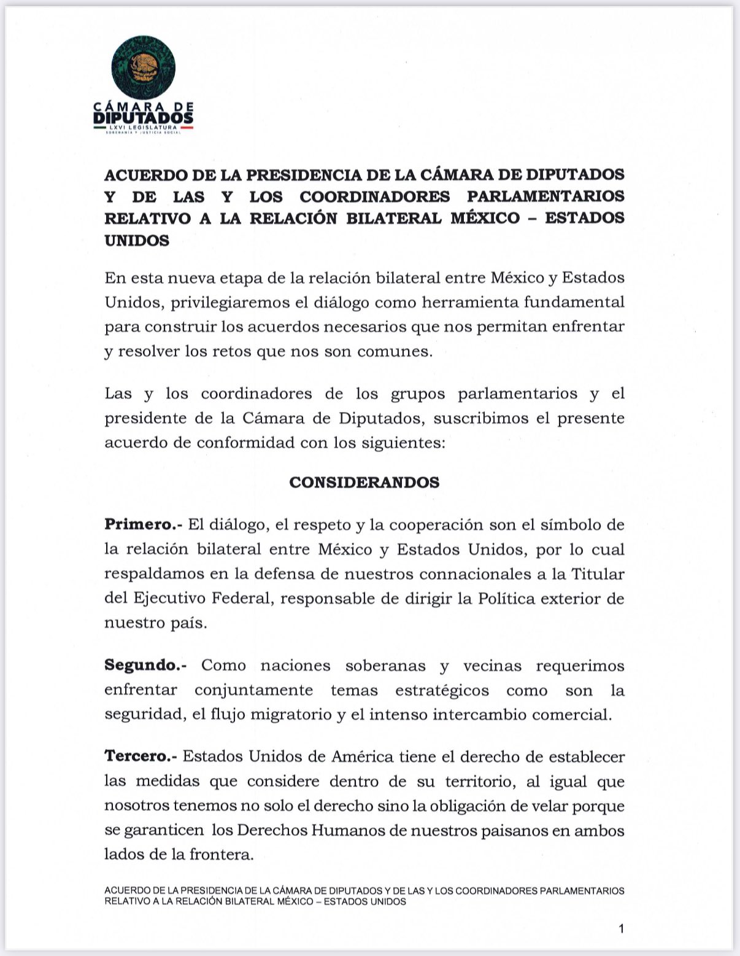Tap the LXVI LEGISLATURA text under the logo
point(143,127)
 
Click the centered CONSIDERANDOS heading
point(364,482)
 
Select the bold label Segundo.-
point(145,666)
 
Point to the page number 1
point(622,929)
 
